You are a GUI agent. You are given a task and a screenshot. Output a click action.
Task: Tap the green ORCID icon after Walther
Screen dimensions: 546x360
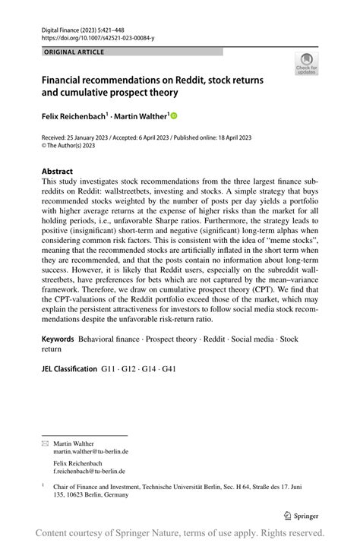(173, 116)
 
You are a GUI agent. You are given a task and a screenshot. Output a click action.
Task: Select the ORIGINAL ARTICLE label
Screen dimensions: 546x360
(74, 52)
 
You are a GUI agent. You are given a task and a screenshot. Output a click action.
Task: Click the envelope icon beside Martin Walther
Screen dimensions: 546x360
(45, 443)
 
